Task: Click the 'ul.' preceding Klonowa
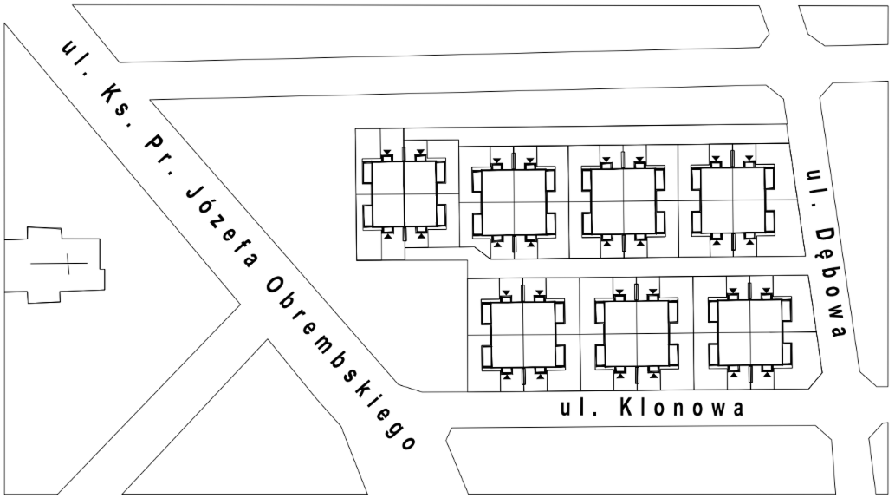click(x=578, y=408)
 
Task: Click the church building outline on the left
click(x=55, y=264)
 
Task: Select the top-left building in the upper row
click(x=404, y=194)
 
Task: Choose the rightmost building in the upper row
click(x=733, y=201)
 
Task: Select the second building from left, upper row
click(x=514, y=202)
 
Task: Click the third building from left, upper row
click(x=623, y=202)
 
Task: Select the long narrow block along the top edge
click(x=423, y=33)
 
